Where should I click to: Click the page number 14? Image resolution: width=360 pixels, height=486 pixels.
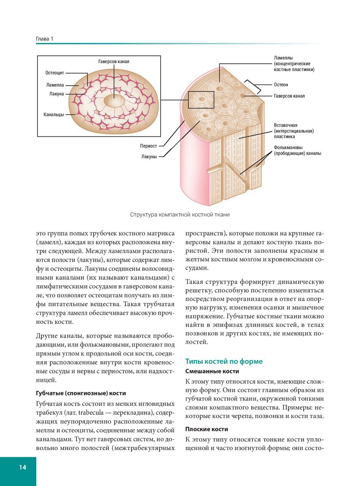pos(22,467)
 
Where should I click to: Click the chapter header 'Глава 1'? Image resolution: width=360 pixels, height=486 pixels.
pos(45,39)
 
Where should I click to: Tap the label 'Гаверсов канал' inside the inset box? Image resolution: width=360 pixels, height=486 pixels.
pos(113,62)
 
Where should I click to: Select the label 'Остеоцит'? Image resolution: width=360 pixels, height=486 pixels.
pos(55,73)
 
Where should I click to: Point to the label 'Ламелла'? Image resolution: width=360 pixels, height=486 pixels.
pos(55,85)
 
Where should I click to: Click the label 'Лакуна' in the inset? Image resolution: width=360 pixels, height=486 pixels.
pos(57,94)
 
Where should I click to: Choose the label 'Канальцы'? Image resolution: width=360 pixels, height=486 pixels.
pos(54,114)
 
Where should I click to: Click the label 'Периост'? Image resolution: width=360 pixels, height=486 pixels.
pos(148,146)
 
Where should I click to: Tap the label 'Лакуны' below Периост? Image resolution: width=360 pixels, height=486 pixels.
pos(149,157)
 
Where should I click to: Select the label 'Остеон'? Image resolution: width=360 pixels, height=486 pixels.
pos(281,85)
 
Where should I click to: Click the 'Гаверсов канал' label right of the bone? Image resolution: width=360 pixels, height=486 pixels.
pos(289,96)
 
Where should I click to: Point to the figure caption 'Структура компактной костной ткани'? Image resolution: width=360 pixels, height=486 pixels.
pos(180,215)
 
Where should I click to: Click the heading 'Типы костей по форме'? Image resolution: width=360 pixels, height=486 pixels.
pos(224,361)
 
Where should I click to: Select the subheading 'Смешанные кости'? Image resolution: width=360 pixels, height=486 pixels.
pos(212,371)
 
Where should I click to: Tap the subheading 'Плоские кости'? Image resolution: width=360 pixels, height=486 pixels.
pos(207,429)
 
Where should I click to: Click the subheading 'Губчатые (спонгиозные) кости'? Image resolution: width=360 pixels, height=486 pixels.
pos(81,393)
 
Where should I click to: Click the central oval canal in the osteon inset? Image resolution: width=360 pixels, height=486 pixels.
pos(114,101)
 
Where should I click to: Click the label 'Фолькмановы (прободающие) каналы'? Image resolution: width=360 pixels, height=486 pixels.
pos(297,150)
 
